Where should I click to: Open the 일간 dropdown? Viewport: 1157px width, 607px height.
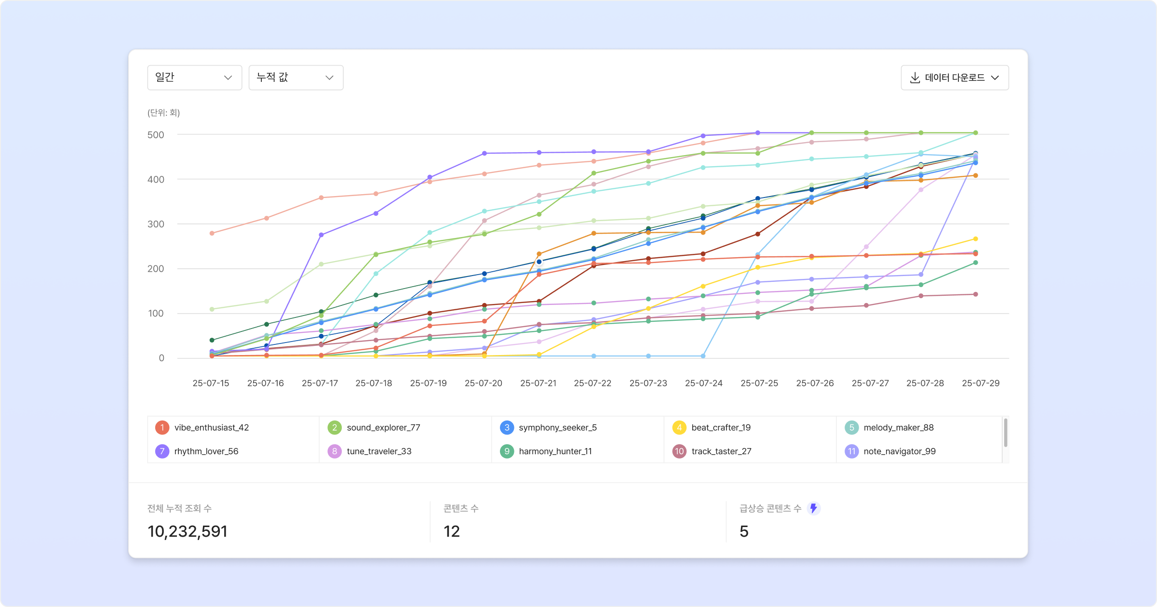[194, 78]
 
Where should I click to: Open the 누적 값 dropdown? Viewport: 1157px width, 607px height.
[296, 78]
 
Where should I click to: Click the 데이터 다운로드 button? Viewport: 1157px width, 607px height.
[955, 78]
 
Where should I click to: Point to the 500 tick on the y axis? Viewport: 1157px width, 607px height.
[156, 135]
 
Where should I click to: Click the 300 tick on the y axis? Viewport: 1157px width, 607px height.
[156, 224]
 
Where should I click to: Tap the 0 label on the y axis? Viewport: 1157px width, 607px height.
[161, 358]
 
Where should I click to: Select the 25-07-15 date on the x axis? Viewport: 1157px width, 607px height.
[211, 383]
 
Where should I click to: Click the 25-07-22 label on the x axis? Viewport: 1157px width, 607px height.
[592, 383]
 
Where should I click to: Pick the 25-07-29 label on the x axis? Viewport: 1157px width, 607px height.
[981, 383]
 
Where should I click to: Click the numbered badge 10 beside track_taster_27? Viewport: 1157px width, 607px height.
[679, 451]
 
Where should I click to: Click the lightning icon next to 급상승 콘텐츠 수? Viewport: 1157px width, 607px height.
[814, 508]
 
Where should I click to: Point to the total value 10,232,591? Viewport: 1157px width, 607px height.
[188, 531]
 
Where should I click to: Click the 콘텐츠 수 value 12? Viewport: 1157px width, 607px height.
[452, 531]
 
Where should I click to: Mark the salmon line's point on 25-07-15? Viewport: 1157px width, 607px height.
[212, 233]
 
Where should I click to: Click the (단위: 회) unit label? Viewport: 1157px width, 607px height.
[163, 113]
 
